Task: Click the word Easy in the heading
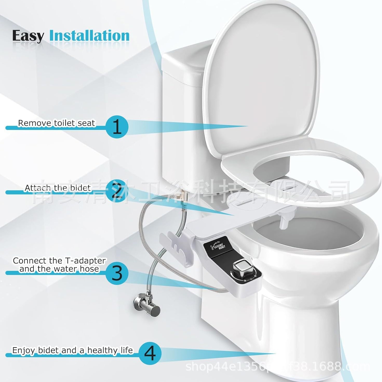(28, 36)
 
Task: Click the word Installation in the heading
(89, 36)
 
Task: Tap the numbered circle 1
(117, 127)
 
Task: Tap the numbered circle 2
(117, 191)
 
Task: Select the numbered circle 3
(117, 273)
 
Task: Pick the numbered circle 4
(150, 353)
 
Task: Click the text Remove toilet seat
(56, 123)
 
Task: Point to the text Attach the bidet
(58, 187)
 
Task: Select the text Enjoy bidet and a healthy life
(72, 350)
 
